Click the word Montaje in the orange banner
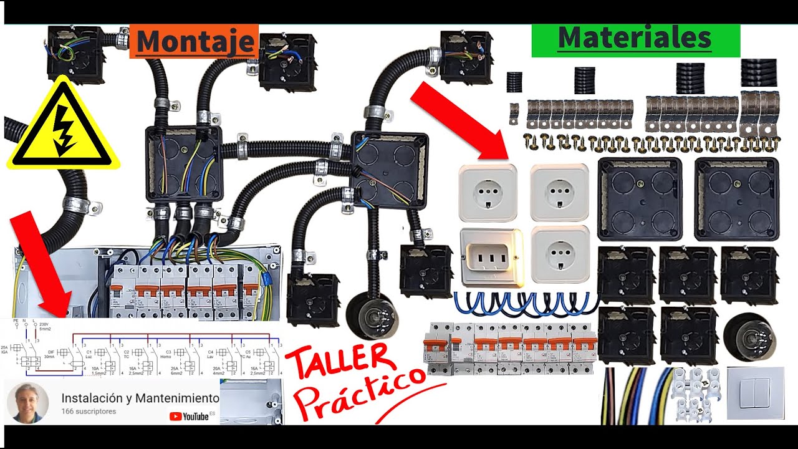coord(194,41)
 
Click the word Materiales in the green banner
coord(634,39)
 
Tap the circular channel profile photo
coord(27,403)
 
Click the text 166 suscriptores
coord(89,412)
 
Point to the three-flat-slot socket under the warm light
coord(491,258)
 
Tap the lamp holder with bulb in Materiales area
coord(747,336)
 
